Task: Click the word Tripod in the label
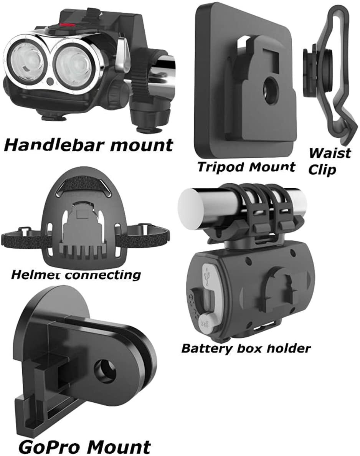tap(218, 167)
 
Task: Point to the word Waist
tap(330, 153)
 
